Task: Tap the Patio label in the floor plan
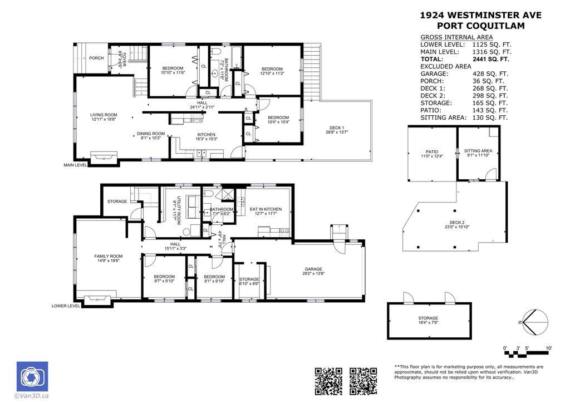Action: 432,151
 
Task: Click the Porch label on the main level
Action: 96,58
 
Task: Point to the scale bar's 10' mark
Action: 548,348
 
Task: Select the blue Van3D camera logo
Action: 32,376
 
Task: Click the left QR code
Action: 329,381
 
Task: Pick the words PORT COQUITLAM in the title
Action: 479,26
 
